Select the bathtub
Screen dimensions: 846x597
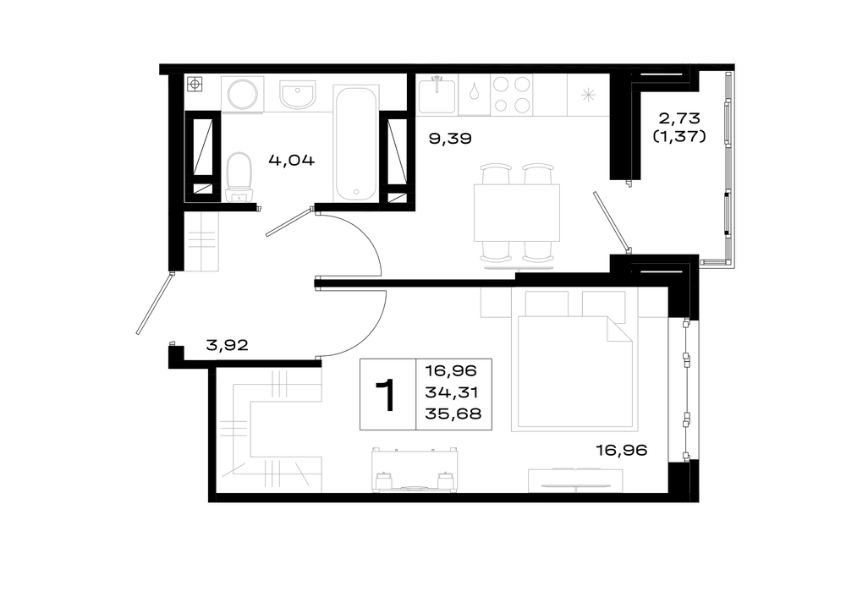pyautogui.click(x=355, y=143)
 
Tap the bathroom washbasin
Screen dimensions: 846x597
pyautogui.click(x=297, y=95)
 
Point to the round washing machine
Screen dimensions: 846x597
pyautogui.click(x=243, y=95)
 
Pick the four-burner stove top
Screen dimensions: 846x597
pyautogui.click(x=512, y=95)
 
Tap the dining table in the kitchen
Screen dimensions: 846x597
pyautogui.click(x=517, y=212)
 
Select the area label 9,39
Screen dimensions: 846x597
pyautogui.click(x=450, y=139)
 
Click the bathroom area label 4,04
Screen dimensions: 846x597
pyautogui.click(x=291, y=160)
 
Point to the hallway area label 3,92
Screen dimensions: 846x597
pyautogui.click(x=227, y=345)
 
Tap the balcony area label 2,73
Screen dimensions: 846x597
pyautogui.click(x=679, y=118)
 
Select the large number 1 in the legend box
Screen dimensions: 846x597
pyautogui.click(x=387, y=395)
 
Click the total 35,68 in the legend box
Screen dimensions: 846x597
pyautogui.click(x=453, y=414)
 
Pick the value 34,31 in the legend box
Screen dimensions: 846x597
pyautogui.click(x=452, y=392)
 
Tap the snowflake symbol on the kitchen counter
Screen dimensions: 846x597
pyautogui.click(x=588, y=96)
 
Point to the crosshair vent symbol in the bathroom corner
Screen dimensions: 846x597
pyautogui.click(x=195, y=84)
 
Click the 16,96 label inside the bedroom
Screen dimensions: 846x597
pyautogui.click(x=621, y=451)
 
